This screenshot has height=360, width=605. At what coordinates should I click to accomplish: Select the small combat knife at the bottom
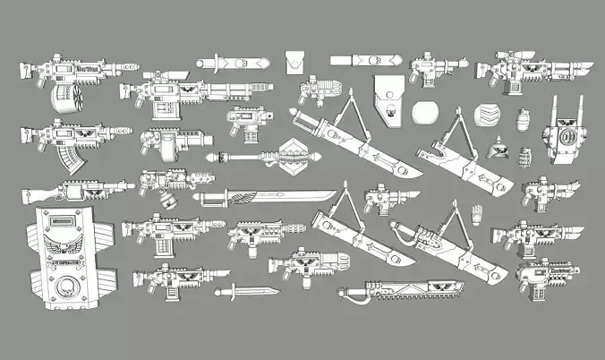click(x=246, y=291)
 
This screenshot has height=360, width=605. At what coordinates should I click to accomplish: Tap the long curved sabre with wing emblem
click(x=264, y=196)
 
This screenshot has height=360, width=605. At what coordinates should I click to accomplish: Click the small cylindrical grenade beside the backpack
click(x=524, y=120)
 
